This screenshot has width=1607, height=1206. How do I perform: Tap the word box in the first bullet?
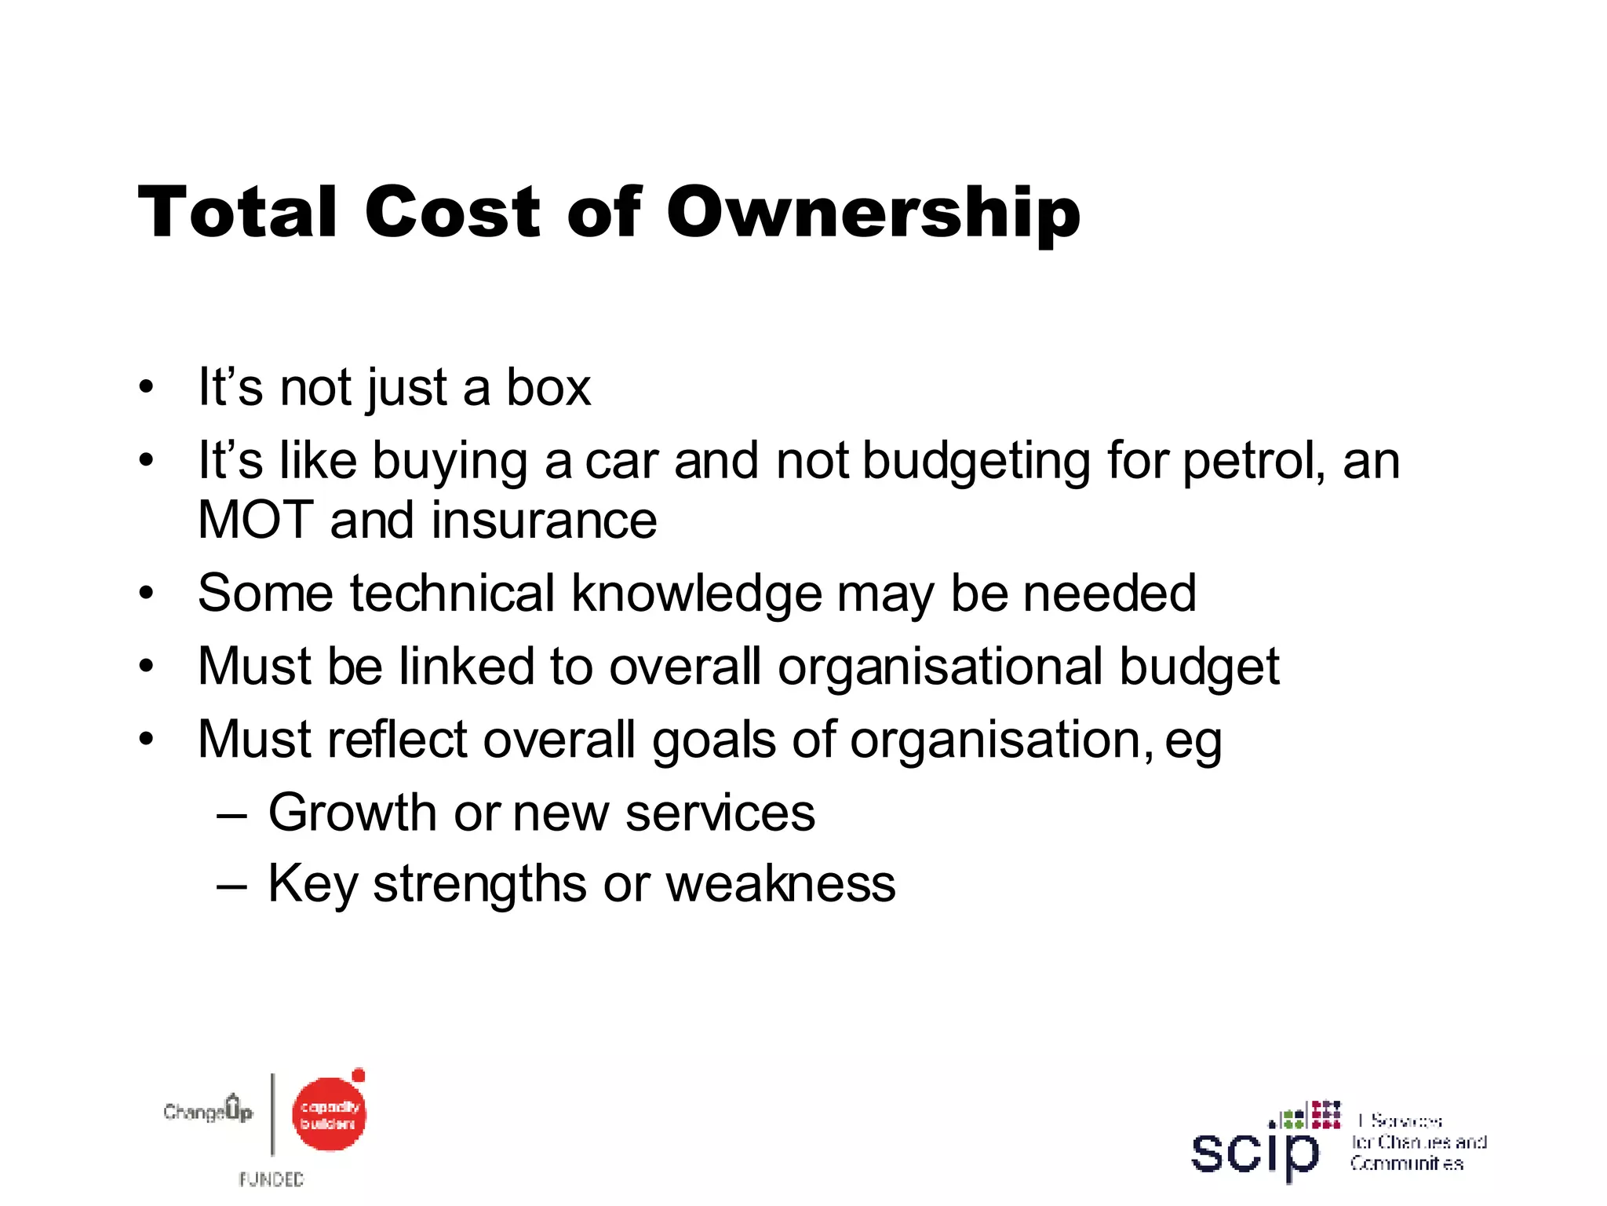[548, 387]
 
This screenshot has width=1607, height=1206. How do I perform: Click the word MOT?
[256, 521]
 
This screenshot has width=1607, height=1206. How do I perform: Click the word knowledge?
[697, 594]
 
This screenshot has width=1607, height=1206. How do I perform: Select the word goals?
[714, 740]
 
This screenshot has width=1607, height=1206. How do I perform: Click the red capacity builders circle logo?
[329, 1114]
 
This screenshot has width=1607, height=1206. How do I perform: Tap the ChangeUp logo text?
[208, 1110]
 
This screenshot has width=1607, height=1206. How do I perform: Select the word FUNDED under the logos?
[271, 1179]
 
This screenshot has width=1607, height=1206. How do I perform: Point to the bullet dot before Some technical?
[146, 594]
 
